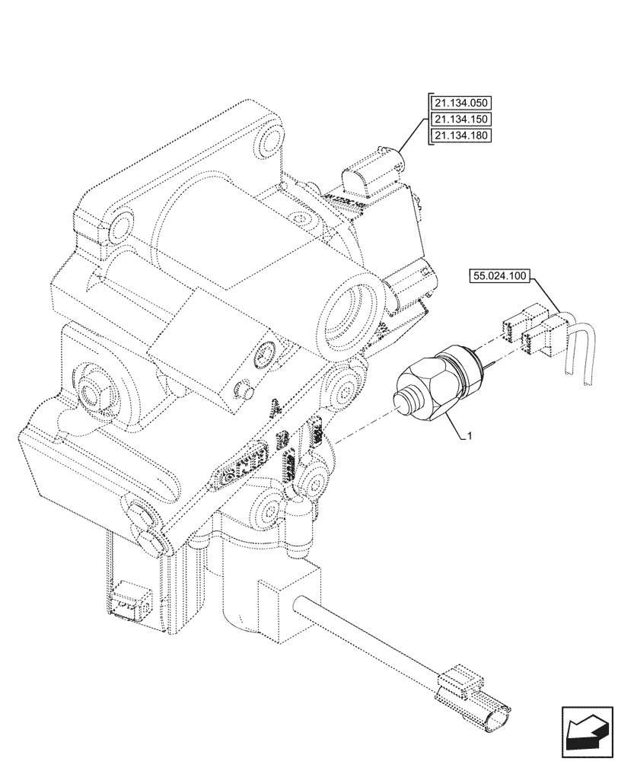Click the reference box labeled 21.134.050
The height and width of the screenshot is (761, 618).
[x=461, y=103]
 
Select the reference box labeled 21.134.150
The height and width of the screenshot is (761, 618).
[x=461, y=119]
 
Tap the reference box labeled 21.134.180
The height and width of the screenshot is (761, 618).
[x=461, y=135]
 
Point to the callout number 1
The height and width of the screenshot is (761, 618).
[x=472, y=436]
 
